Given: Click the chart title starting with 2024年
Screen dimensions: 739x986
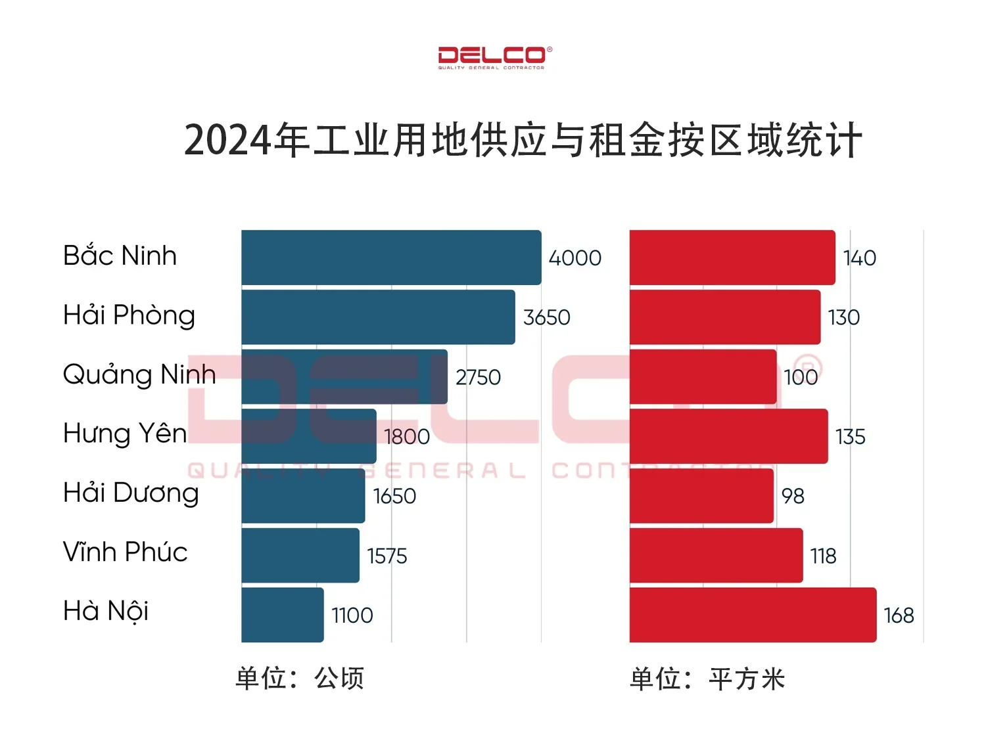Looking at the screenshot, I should click(x=523, y=140).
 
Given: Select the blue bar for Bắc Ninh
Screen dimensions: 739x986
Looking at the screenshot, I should click(x=391, y=258).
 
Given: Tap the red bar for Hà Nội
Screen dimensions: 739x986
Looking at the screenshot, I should click(x=753, y=615).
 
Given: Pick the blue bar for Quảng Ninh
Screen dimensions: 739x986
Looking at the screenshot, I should click(x=344, y=376).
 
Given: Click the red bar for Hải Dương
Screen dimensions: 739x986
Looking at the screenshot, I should click(x=701, y=496).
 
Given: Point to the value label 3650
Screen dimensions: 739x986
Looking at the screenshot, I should click(x=546, y=317).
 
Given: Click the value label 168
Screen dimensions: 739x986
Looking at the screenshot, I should click(x=899, y=616).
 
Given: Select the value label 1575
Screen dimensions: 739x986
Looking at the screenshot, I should click(x=387, y=556).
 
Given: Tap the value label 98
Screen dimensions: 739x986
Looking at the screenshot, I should click(x=793, y=496).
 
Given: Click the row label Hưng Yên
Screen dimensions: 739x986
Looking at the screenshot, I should click(x=125, y=434).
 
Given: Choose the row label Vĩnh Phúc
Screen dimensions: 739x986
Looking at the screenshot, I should click(x=125, y=552).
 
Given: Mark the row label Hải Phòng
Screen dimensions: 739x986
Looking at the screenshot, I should click(x=129, y=315).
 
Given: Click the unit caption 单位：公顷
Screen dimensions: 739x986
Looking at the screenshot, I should click(x=300, y=678).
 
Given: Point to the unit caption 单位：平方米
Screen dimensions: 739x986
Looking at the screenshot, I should click(x=707, y=679).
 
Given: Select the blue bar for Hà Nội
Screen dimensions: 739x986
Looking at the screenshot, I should click(x=282, y=615).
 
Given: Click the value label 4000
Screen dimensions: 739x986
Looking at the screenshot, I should click(x=575, y=258).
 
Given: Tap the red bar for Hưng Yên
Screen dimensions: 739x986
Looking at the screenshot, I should click(x=728, y=436).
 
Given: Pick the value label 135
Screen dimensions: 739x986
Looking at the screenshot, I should click(x=850, y=437).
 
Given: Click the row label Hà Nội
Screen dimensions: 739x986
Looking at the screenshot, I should click(x=105, y=611).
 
